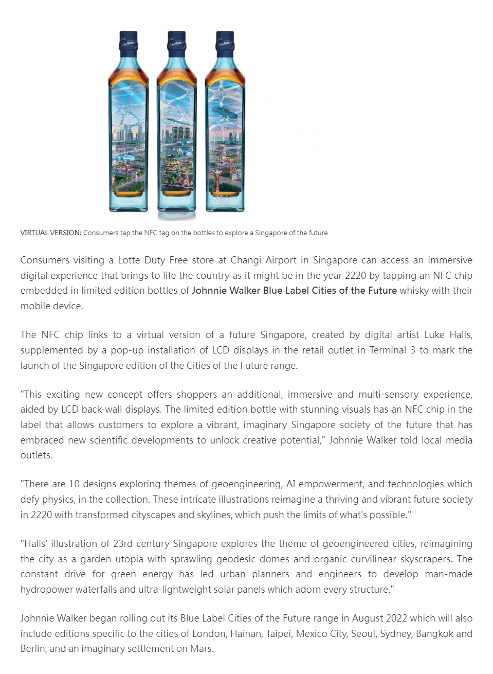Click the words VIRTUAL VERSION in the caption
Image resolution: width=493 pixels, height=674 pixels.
click(50, 233)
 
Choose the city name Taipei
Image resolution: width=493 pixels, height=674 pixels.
click(278, 634)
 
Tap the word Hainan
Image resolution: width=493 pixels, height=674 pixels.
click(245, 634)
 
